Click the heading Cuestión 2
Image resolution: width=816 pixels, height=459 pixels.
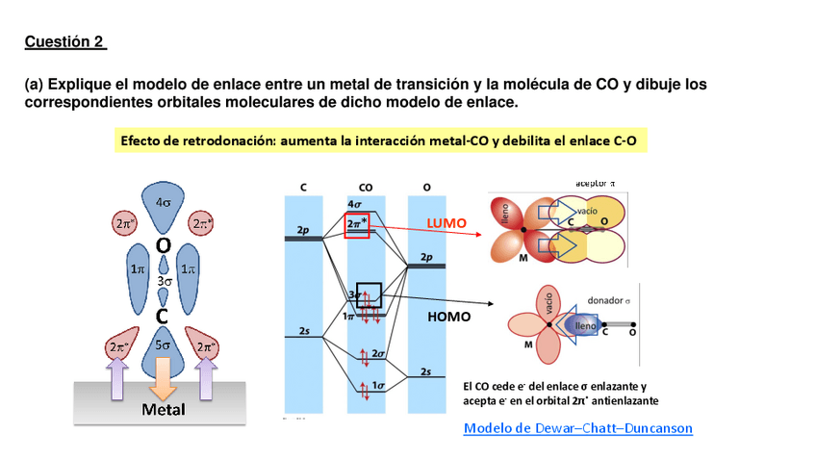tap(64, 41)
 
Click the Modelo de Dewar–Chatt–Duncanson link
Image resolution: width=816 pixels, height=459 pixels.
tap(577, 428)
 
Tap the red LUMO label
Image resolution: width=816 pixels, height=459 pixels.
tap(446, 223)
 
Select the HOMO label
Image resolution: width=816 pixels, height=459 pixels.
tap(448, 316)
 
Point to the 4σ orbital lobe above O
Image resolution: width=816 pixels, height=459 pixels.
tap(164, 203)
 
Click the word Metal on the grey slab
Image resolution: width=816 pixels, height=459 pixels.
tap(164, 409)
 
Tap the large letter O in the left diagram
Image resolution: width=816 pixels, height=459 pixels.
tap(164, 246)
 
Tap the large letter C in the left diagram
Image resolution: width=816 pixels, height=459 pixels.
tap(164, 316)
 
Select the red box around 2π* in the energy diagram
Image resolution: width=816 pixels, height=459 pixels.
tap(357, 223)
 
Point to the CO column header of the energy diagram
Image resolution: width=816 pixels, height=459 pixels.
tap(366, 188)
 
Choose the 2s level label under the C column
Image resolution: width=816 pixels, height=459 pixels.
tap(304, 330)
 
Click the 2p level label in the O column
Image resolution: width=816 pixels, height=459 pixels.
tap(427, 258)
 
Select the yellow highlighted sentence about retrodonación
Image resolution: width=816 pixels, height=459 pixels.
tap(378, 140)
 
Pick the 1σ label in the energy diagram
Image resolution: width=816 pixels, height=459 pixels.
tap(377, 386)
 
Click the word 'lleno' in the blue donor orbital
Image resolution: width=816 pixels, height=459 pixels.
tap(585, 327)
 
